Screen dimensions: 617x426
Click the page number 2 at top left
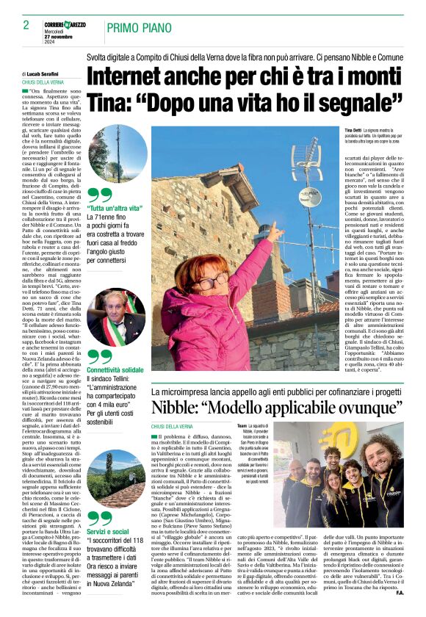point(26,25)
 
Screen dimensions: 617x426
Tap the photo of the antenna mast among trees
point(117,154)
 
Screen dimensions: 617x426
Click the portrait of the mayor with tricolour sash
point(117,317)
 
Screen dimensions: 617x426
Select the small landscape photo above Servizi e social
point(116,477)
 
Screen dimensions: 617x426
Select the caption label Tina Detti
point(355,130)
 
